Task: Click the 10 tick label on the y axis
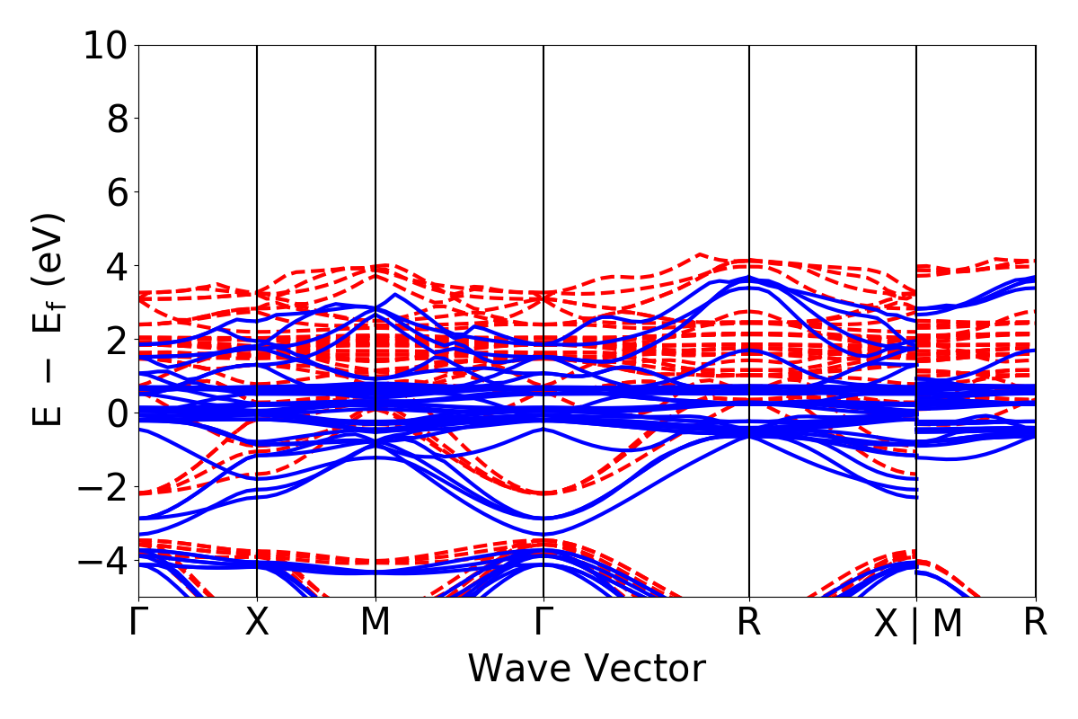pyautogui.click(x=105, y=45)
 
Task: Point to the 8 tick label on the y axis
pyautogui.click(x=117, y=119)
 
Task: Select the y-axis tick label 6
pyautogui.click(x=117, y=192)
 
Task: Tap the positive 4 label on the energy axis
pyautogui.click(x=117, y=266)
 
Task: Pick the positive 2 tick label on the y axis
pyautogui.click(x=117, y=340)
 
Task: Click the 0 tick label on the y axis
pyautogui.click(x=117, y=413)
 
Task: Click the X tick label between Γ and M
pyautogui.click(x=258, y=623)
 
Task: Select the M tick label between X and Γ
pyautogui.click(x=376, y=623)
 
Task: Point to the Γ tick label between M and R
pyautogui.click(x=543, y=623)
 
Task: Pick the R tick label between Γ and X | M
pyautogui.click(x=749, y=623)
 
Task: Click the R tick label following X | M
pyautogui.click(x=1036, y=623)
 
